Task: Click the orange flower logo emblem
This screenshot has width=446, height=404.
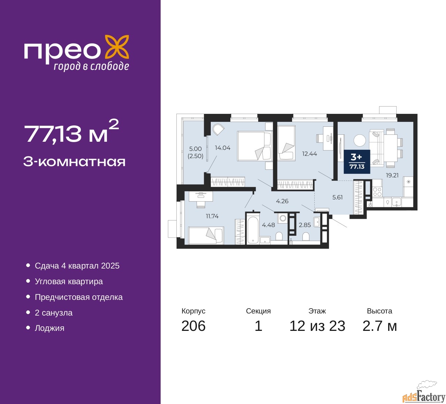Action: click(x=117, y=48)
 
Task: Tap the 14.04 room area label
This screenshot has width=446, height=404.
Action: click(x=223, y=148)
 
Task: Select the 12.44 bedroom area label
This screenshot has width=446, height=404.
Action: click(x=309, y=154)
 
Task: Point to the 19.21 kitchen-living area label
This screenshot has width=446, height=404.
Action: click(x=392, y=175)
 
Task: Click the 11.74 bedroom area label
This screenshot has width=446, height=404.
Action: click(x=212, y=216)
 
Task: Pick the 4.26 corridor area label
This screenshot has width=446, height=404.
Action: click(x=282, y=201)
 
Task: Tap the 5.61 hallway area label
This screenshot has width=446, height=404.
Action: click(x=337, y=197)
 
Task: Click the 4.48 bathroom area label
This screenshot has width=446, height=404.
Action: click(x=268, y=225)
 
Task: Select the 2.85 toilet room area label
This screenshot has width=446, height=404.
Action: click(x=305, y=225)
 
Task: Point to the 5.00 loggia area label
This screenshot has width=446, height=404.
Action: click(x=195, y=149)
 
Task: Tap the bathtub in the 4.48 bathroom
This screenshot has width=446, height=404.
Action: click(x=253, y=230)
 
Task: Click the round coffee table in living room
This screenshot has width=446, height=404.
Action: click(x=360, y=140)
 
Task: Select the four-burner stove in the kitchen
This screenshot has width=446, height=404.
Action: click(x=377, y=192)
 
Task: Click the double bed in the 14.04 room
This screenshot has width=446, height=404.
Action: click(x=255, y=146)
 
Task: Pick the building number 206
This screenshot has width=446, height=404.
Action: click(x=193, y=326)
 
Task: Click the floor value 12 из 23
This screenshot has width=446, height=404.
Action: click(x=317, y=326)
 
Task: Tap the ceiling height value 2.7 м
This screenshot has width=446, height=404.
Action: click(x=379, y=326)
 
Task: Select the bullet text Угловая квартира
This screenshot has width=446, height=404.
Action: click(x=69, y=281)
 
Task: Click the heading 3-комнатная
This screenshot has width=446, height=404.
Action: click(x=75, y=162)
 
